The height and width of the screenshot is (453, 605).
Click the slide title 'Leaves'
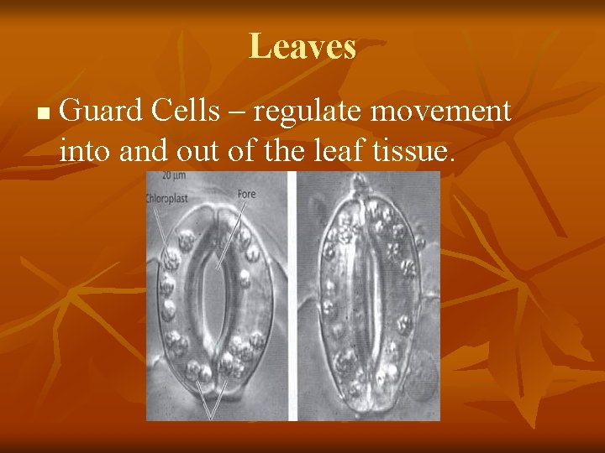tap(302, 46)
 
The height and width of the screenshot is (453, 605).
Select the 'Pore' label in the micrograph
tap(246, 194)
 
